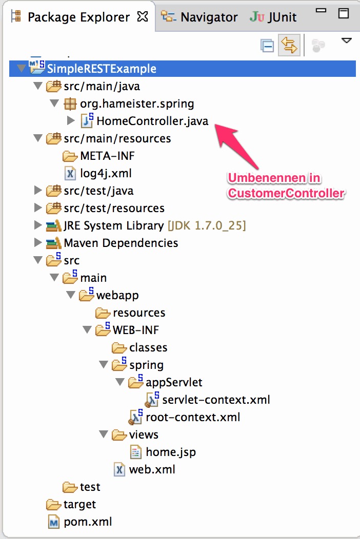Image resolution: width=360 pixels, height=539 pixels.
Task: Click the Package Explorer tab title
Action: coord(78,17)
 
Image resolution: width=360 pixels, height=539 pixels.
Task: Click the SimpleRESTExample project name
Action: coord(102,69)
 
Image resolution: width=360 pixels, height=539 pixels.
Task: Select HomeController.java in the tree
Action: coord(152,121)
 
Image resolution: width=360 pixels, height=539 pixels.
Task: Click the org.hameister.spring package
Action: coord(137,104)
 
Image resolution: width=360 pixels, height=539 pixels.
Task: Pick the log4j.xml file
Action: coord(106,173)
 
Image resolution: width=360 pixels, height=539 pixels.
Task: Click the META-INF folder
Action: coord(107,156)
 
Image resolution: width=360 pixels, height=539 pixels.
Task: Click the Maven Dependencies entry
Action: coord(121,243)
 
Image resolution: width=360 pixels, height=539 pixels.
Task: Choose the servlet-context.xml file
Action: coord(216,400)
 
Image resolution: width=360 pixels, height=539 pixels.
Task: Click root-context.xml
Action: coord(193,417)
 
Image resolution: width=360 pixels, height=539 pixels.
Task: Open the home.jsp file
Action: coord(170,452)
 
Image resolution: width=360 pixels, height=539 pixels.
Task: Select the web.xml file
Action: coord(152,469)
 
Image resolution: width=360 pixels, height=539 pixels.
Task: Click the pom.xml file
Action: coord(88,522)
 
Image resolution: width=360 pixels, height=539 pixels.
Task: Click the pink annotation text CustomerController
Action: coord(286,193)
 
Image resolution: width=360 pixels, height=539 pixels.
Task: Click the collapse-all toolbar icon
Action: coord(267,46)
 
